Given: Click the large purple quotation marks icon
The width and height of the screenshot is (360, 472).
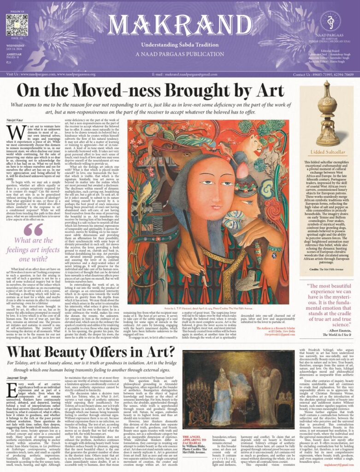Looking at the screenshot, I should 33,229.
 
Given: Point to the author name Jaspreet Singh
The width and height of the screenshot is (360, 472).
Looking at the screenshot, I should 18,380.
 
